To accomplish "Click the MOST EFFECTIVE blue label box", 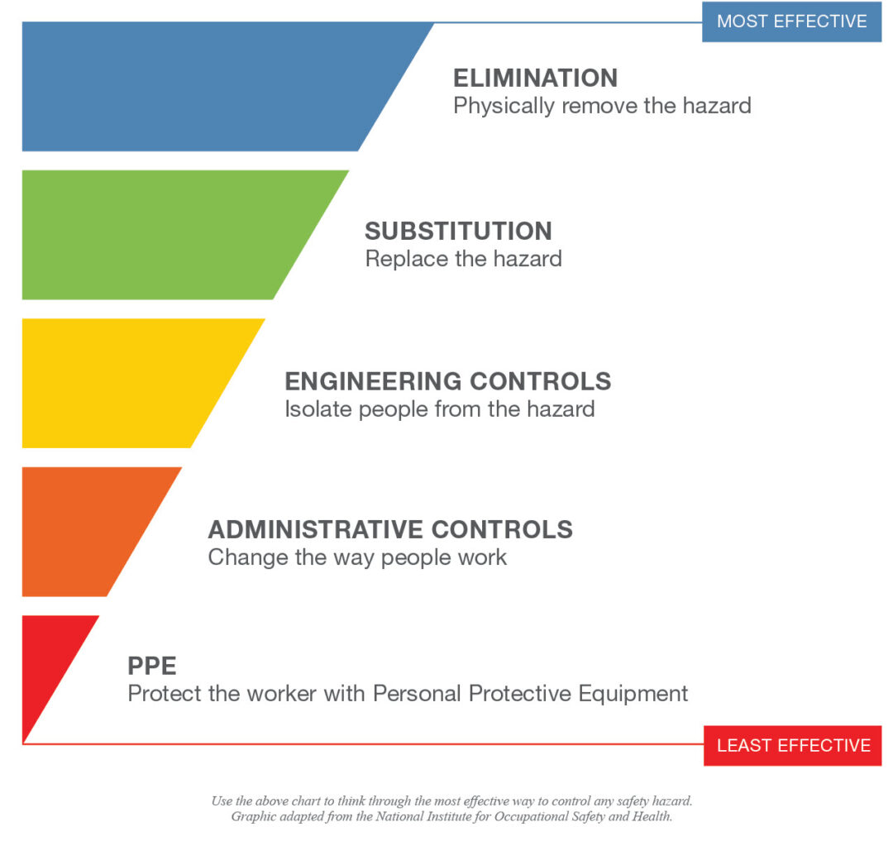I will [x=791, y=22].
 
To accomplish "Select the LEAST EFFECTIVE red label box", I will [x=793, y=745].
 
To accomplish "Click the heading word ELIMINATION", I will [x=535, y=79].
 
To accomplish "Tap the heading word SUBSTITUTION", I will [x=458, y=231].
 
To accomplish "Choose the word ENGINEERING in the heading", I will [x=372, y=381].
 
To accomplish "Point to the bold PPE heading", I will [x=152, y=666].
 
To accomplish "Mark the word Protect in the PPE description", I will [x=163, y=693].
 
